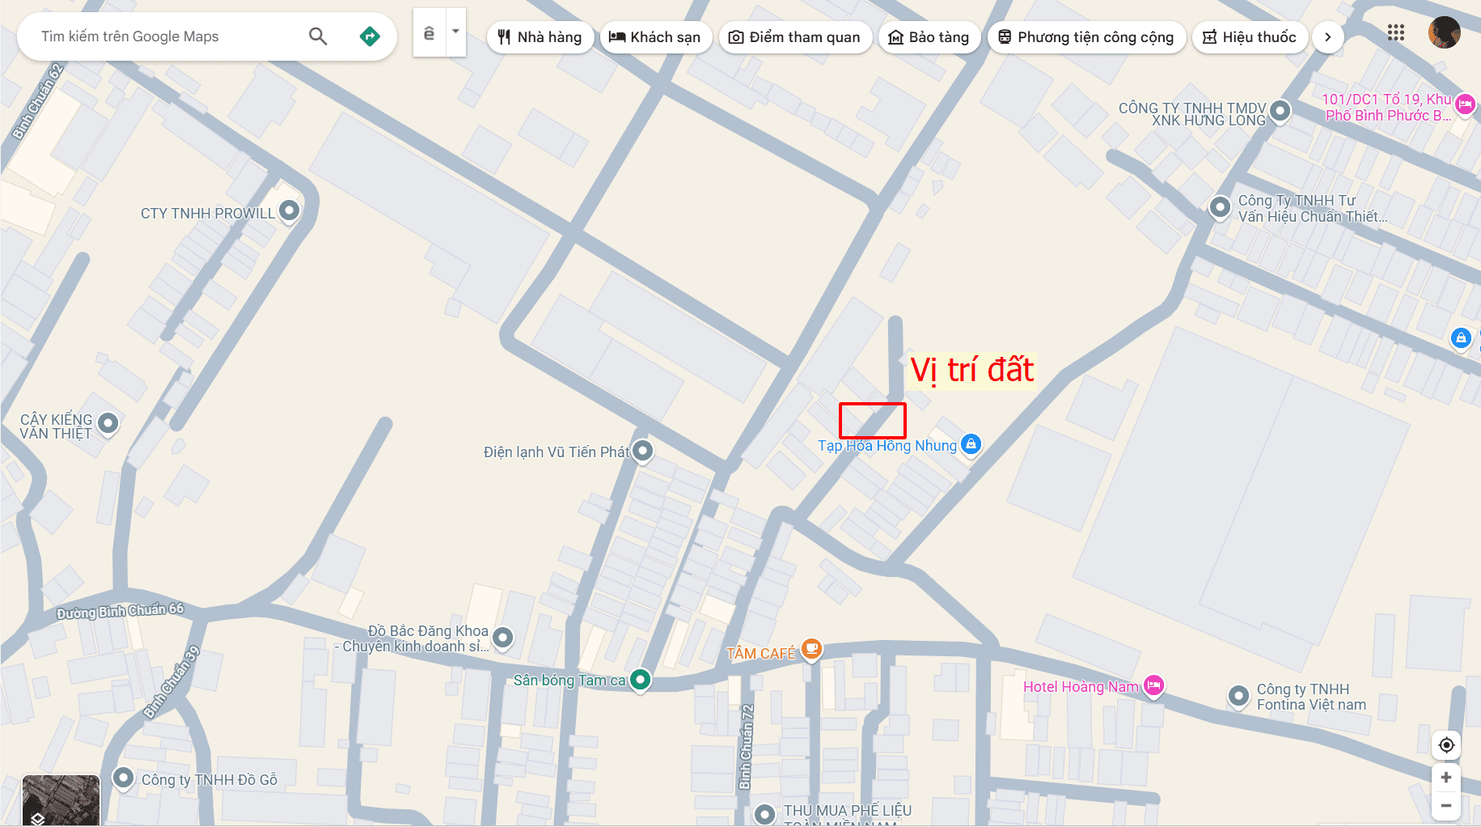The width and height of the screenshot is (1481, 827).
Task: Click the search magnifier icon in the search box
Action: pos(318,36)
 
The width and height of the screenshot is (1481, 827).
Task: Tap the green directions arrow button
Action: pos(370,36)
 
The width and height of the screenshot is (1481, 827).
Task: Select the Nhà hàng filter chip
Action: pos(540,37)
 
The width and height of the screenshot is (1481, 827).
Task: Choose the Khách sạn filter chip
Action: pos(655,37)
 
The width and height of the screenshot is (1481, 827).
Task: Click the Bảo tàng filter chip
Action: pos(929,37)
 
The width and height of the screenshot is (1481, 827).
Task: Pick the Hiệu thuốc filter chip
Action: pos(1250,37)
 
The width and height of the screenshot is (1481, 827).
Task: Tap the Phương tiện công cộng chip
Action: pos(1086,37)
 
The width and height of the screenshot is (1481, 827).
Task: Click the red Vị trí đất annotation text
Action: pos(971,371)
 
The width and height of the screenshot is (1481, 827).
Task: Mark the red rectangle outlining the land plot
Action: pos(872,420)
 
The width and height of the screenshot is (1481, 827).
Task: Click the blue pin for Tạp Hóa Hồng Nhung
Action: pos(971,443)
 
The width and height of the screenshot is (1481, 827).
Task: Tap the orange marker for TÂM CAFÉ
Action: pos(811,649)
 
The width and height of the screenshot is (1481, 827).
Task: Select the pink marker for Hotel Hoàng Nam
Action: pos(1153,686)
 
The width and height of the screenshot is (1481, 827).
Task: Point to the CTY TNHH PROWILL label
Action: pos(208,214)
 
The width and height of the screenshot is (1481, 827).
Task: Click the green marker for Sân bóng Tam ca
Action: pos(640,680)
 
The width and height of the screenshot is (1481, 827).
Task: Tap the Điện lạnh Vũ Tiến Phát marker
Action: pos(642,451)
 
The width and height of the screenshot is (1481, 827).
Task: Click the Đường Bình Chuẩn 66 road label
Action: pos(121,612)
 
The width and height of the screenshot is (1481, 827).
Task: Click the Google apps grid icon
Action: pos(1395,32)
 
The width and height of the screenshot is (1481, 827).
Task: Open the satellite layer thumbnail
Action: pos(61,799)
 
